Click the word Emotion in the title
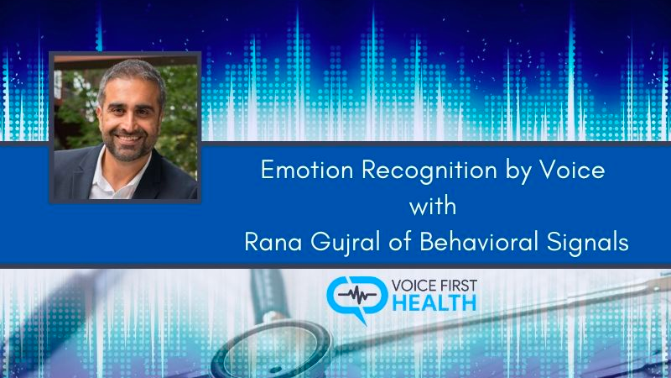pyautogui.click(x=307, y=170)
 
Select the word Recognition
pyautogui.click(x=429, y=171)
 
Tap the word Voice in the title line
pyautogui.click(x=572, y=170)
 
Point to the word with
pyautogui.click(x=433, y=206)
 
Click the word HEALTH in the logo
pyautogui.click(x=434, y=303)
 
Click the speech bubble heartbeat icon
pyautogui.click(x=356, y=298)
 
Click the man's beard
pyautogui.click(x=128, y=145)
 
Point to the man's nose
pyautogui.click(x=127, y=123)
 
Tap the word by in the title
pyautogui.click(x=518, y=171)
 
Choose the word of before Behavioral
pyautogui.click(x=400, y=242)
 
